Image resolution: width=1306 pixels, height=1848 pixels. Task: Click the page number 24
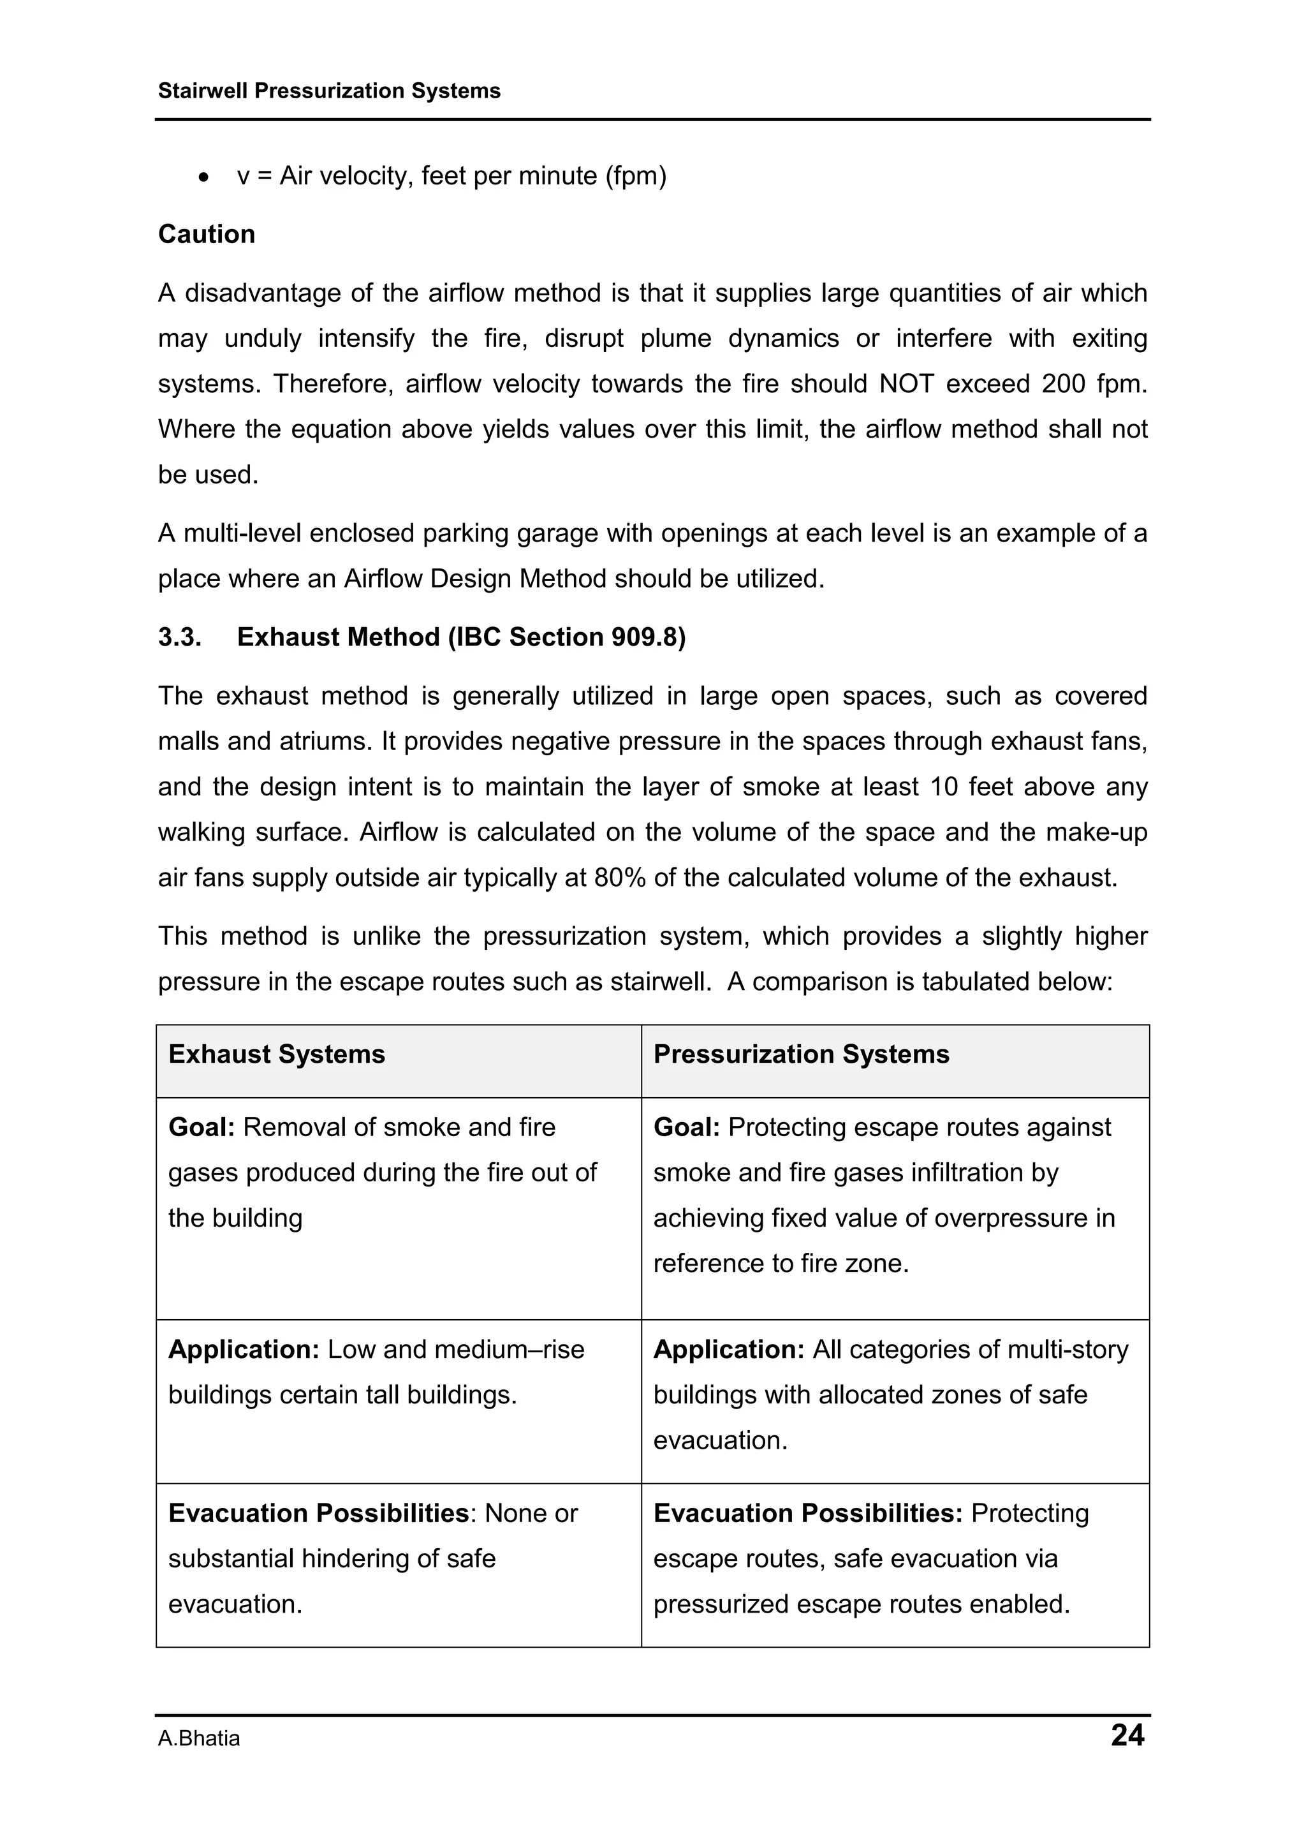(1127, 1735)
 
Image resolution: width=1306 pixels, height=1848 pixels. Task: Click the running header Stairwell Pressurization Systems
(329, 91)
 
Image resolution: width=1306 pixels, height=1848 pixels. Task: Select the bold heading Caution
(207, 234)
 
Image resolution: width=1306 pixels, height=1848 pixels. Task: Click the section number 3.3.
(179, 637)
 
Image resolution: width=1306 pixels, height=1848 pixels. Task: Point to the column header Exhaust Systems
(277, 1054)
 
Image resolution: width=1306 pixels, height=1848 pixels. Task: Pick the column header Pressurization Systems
(802, 1054)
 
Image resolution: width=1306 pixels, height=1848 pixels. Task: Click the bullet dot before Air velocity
(205, 177)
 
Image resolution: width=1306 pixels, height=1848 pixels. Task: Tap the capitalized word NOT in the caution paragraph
(907, 384)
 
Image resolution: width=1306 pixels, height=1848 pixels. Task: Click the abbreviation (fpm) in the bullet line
(636, 176)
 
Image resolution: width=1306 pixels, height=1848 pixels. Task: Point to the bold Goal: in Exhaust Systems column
(201, 1128)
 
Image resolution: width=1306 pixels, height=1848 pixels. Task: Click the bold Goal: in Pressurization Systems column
(686, 1128)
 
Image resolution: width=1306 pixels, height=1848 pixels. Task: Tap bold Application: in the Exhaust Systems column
(244, 1350)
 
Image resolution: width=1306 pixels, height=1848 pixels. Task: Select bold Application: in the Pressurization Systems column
(729, 1350)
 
